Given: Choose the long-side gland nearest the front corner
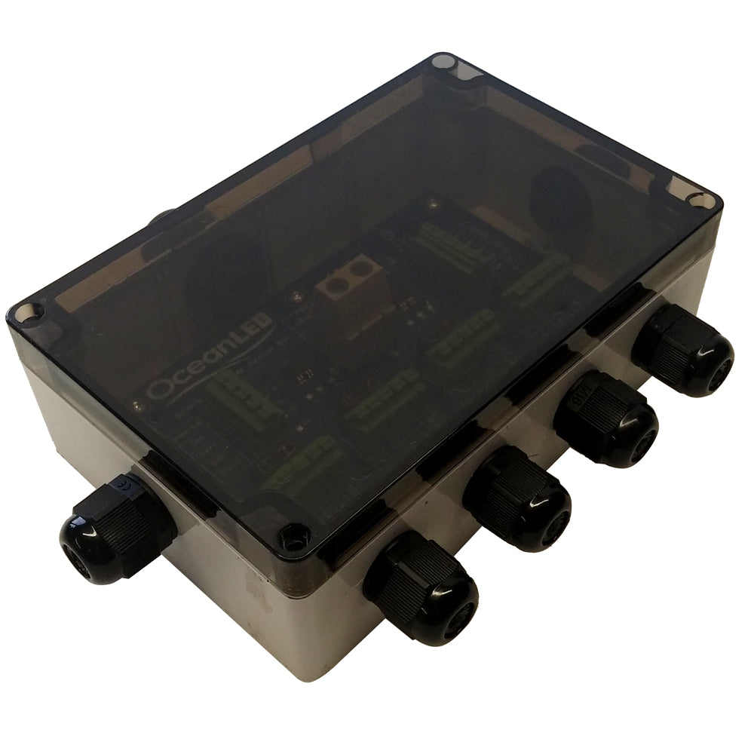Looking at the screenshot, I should (421, 585).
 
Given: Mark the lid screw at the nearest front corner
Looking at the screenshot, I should (293, 537).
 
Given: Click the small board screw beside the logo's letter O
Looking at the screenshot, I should (137, 406).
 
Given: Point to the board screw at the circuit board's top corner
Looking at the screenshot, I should (434, 204).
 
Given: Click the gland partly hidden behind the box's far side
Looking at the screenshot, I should (160, 219).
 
